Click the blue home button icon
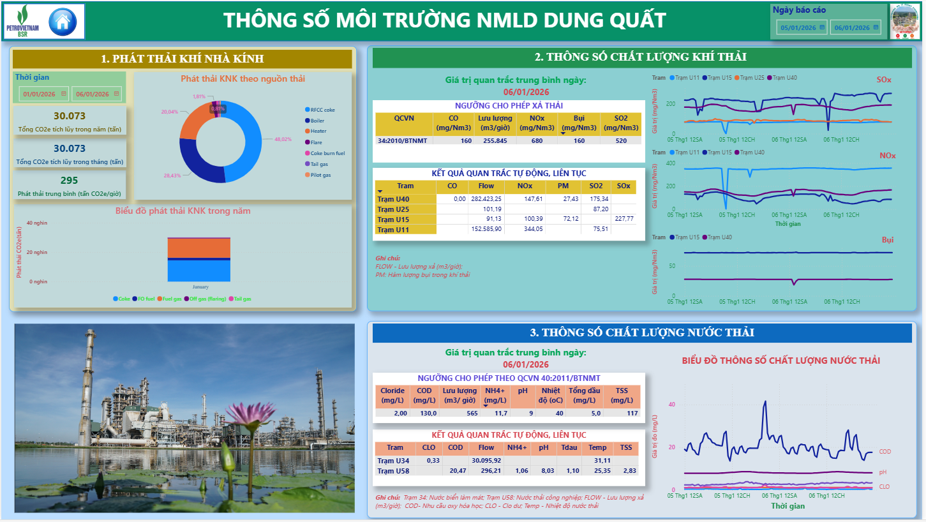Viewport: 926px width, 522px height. click(x=62, y=22)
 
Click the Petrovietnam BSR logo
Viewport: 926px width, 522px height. click(x=23, y=22)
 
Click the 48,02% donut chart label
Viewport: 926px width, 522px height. click(x=283, y=139)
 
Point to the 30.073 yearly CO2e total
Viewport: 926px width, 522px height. click(x=70, y=116)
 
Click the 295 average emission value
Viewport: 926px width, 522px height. click(x=70, y=181)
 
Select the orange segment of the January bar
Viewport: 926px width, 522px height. click(x=198, y=248)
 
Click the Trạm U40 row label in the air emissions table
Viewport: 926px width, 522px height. click(x=393, y=199)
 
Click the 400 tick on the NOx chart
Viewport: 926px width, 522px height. click(x=670, y=163)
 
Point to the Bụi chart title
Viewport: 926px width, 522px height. click(x=887, y=240)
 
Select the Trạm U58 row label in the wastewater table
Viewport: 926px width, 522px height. click(x=393, y=471)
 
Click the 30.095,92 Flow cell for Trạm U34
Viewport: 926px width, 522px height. click(x=486, y=461)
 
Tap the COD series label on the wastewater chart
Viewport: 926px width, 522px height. click(x=885, y=452)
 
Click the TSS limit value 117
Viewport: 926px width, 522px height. click(x=632, y=414)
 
